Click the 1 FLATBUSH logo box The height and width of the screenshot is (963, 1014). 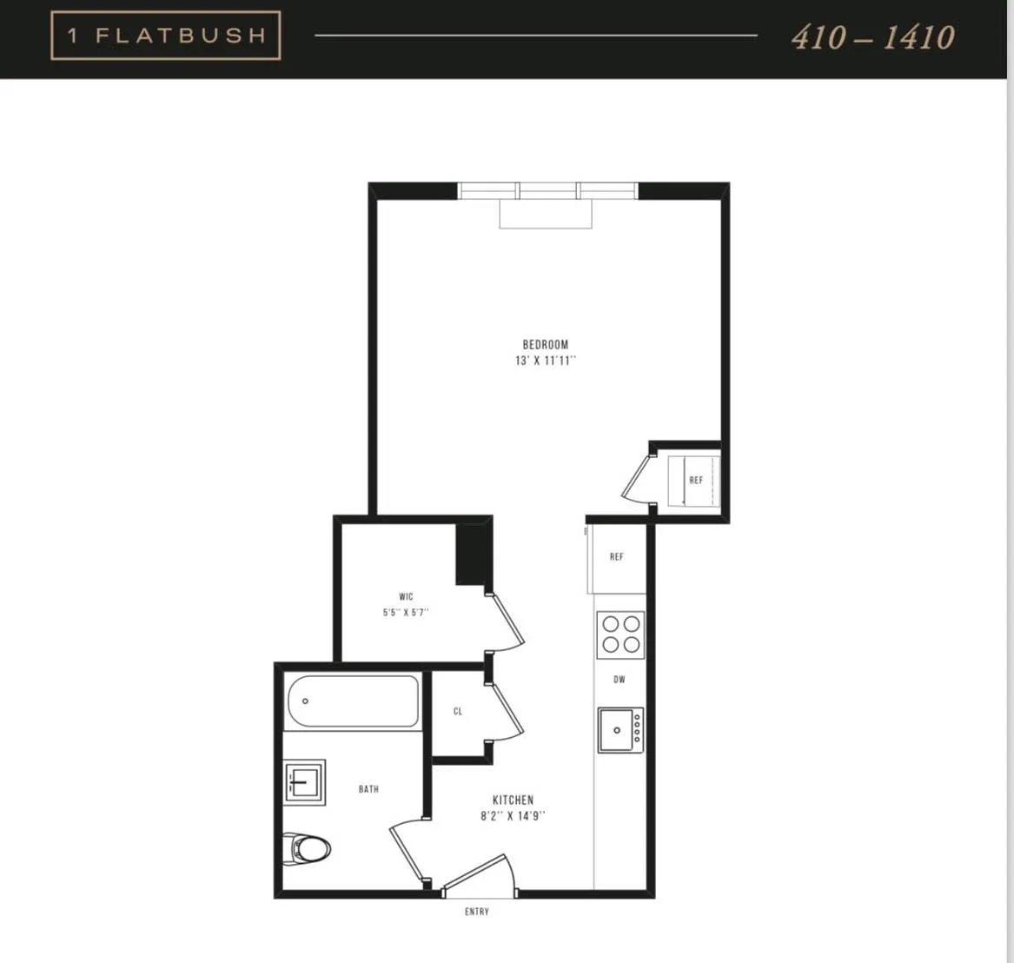pyautogui.click(x=165, y=36)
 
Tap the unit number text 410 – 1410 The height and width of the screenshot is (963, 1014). pyautogui.click(x=872, y=37)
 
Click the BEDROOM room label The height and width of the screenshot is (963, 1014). pyautogui.click(x=545, y=345)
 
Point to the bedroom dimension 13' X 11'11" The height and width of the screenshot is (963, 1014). pyautogui.click(x=545, y=361)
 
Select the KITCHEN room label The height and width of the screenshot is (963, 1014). pyautogui.click(x=513, y=800)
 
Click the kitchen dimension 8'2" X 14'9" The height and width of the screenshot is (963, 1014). pyautogui.click(x=513, y=816)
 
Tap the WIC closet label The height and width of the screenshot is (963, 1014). pyautogui.click(x=406, y=597)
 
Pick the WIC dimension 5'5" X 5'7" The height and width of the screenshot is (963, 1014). pyautogui.click(x=406, y=613)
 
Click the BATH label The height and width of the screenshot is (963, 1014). pyautogui.click(x=368, y=789)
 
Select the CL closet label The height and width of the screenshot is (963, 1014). pyautogui.click(x=458, y=711)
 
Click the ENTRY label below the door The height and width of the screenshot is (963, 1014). pyautogui.click(x=476, y=912)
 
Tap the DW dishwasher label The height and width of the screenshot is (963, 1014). pyautogui.click(x=620, y=680)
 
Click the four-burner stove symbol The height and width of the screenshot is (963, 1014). pyautogui.click(x=620, y=634)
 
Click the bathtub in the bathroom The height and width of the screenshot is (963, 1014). pyautogui.click(x=352, y=701)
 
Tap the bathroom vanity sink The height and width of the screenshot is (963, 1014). pyautogui.click(x=304, y=781)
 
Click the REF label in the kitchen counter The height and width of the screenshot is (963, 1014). pyautogui.click(x=616, y=557)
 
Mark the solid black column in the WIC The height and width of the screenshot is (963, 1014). pyautogui.click(x=473, y=555)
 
